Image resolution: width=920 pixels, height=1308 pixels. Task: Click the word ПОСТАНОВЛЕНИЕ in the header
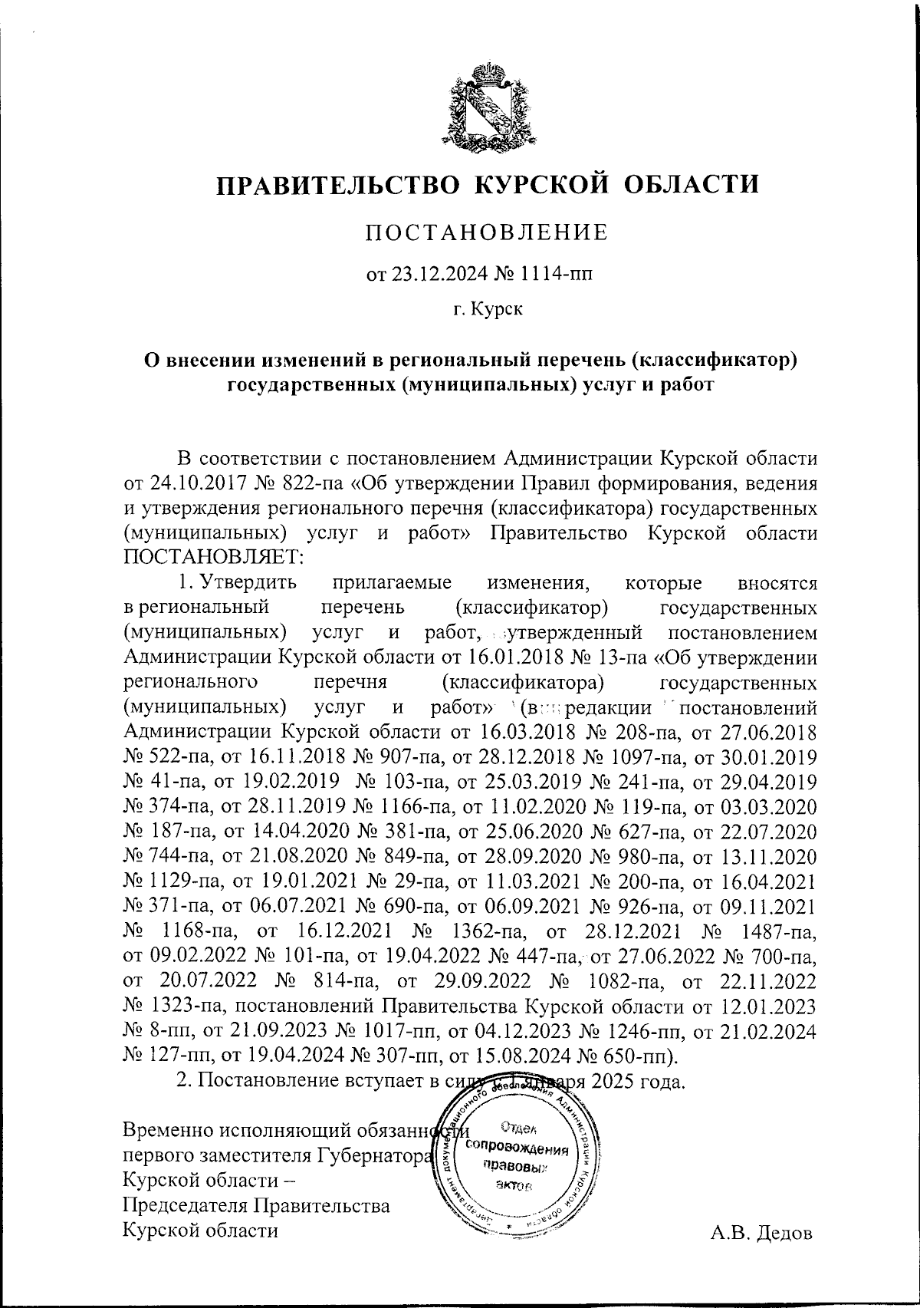click(x=487, y=232)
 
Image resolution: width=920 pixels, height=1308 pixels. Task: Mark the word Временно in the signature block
click(x=168, y=1130)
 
